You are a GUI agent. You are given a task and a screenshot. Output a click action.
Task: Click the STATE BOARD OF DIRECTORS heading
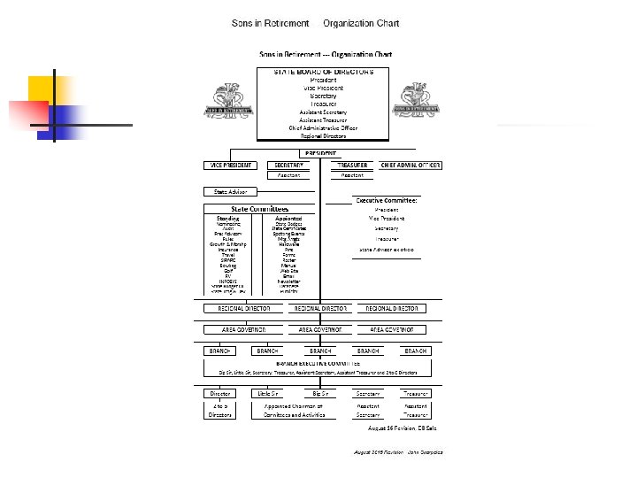[x=318, y=71]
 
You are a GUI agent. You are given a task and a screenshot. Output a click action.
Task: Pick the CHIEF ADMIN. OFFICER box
[x=411, y=166]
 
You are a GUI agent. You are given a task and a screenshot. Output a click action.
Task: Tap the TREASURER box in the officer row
[x=352, y=166]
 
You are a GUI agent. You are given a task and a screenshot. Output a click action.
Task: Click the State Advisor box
[x=230, y=191]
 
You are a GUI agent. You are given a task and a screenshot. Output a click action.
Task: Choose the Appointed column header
[x=288, y=218]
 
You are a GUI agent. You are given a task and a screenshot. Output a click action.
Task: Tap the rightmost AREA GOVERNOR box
[x=393, y=329]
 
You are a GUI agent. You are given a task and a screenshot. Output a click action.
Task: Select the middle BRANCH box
[x=318, y=351]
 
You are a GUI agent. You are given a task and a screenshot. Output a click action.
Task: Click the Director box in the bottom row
[x=219, y=393]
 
